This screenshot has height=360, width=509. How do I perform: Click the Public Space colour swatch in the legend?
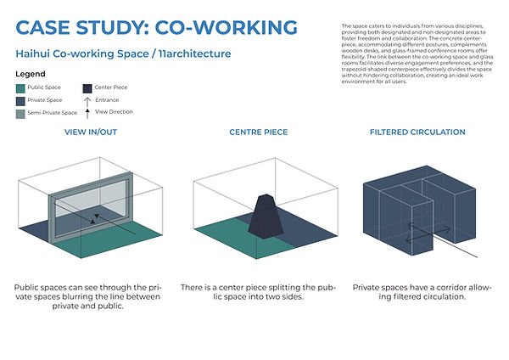pos(21,87)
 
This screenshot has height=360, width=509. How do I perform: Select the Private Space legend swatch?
pos(21,100)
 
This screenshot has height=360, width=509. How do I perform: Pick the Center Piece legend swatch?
pos(88,87)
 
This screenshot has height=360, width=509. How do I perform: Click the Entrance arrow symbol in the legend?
pos(88,99)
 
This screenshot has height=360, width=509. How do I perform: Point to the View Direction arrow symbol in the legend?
pos(88,111)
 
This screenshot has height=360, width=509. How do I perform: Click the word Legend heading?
pos(31,74)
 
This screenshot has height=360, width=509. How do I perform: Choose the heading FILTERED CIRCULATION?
pos(417,133)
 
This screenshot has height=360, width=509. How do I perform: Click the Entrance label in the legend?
pos(107,99)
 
